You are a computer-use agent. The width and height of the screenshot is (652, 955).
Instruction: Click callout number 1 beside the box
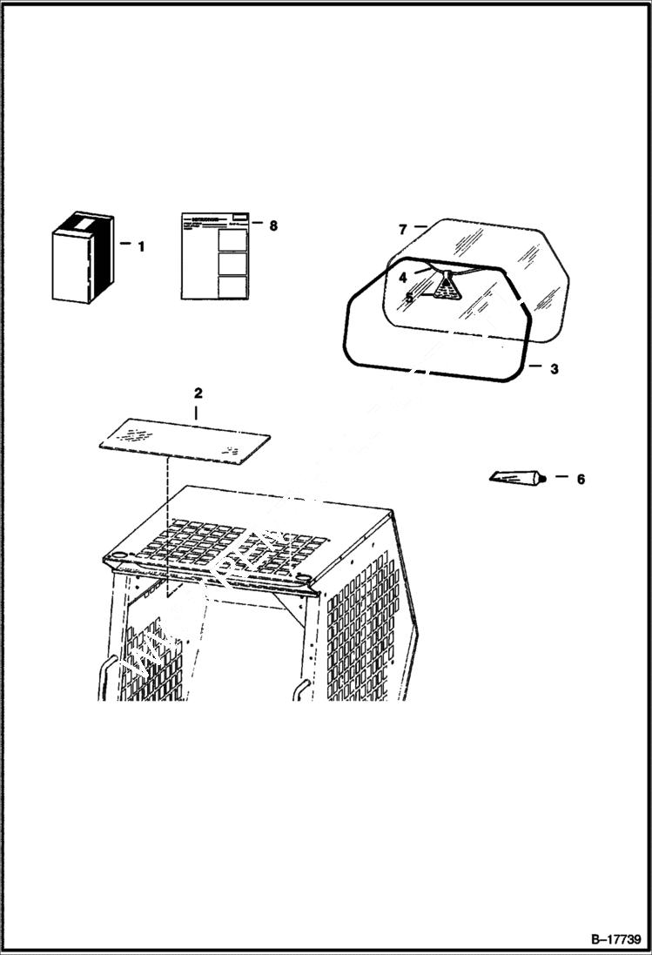tap(141, 246)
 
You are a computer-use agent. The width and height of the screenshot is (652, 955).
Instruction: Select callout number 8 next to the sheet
tap(273, 225)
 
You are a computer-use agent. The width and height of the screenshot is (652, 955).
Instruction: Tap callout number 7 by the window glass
tap(402, 230)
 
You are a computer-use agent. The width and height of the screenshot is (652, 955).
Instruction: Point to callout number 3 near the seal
tap(554, 368)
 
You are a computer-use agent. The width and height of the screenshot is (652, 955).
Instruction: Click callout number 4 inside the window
tap(403, 278)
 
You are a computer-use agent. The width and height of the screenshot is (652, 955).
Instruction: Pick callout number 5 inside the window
tap(409, 297)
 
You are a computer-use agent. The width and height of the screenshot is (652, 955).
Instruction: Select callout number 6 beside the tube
tap(581, 479)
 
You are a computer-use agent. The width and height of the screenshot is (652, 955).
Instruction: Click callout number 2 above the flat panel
tap(198, 393)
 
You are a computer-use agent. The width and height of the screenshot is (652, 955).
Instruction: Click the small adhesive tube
tap(518, 476)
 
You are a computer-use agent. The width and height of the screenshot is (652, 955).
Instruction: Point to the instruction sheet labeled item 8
tap(217, 256)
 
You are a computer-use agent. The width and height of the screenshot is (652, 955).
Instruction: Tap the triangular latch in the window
tap(447, 288)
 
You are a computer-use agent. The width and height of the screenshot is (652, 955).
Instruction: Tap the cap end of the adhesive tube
tap(541, 478)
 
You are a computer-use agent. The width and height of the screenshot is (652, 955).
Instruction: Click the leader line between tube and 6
tap(561, 478)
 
